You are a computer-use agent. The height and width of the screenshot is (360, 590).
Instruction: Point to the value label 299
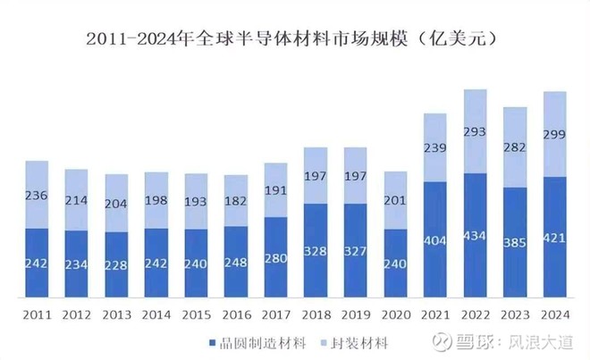[555, 135]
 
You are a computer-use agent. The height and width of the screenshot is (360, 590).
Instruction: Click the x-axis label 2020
[395, 315]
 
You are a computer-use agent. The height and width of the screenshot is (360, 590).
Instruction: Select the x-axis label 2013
[116, 315]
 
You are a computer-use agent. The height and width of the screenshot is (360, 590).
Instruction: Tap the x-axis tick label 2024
[555, 315]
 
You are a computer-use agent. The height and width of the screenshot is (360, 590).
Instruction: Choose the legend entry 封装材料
[353, 343]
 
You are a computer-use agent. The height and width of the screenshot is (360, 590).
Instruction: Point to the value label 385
[516, 242]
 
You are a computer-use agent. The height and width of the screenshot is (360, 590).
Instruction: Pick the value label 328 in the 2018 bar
[316, 251]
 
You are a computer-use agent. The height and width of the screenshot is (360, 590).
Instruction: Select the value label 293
[476, 132]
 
